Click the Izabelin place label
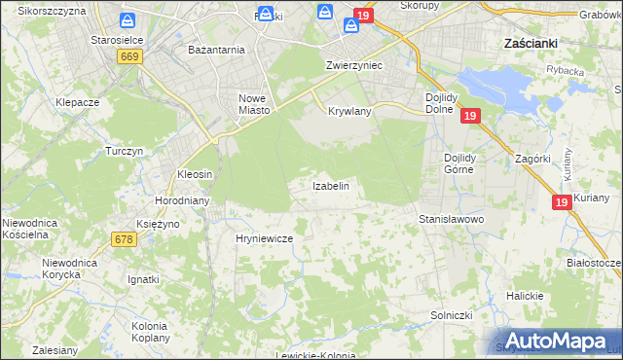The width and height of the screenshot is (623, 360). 330,185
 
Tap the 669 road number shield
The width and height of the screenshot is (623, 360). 129,57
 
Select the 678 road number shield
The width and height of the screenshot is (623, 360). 124,239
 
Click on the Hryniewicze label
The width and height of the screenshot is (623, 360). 264,237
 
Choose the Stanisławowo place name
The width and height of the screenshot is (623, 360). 451,219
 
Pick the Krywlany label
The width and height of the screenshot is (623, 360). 349,111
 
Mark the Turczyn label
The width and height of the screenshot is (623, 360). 125,152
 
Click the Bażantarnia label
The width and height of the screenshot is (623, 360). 216,49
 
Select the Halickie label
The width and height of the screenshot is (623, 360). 523,295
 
